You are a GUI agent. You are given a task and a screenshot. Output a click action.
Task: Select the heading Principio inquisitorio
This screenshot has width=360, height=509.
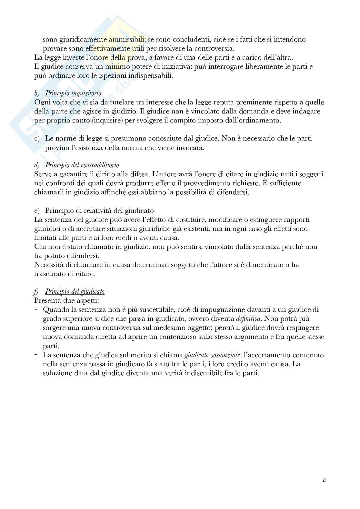pyautogui.click(x=73, y=93)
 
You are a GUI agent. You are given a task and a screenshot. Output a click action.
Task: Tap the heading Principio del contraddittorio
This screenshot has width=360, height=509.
pyautogui.click(x=82, y=165)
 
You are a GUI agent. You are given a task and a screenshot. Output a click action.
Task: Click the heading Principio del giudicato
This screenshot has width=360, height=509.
pyautogui.click(x=75, y=291)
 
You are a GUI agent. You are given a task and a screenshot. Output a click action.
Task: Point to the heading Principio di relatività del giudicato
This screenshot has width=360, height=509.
pyautogui.click(x=99, y=211)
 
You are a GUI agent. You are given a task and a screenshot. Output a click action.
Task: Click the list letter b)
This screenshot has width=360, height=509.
pyautogui.click(x=37, y=93)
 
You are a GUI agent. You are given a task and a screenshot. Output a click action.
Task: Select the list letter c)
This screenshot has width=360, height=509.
pyautogui.click(x=37, y=139)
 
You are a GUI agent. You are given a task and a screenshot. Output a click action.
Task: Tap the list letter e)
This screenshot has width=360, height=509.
pyautogui.click(x=36, y=211)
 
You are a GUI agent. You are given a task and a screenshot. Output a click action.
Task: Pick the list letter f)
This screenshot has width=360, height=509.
pyautogui.click(x=36, y=291)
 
